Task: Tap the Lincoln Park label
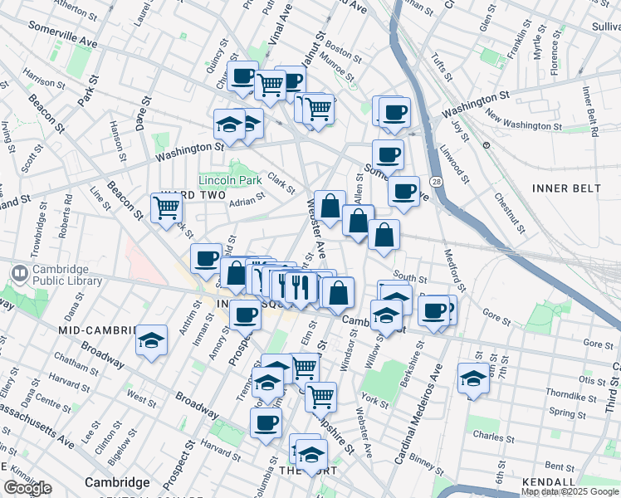[x=230, y=180]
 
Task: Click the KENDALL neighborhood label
[x=549, y=482]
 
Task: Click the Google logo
[x=27, y=488]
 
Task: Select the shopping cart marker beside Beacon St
[x=166, y=207]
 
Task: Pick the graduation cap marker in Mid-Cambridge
[x=151, y=339]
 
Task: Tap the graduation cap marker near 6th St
[x=473, y=378]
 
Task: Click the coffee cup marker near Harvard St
[x=266, y=422]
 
